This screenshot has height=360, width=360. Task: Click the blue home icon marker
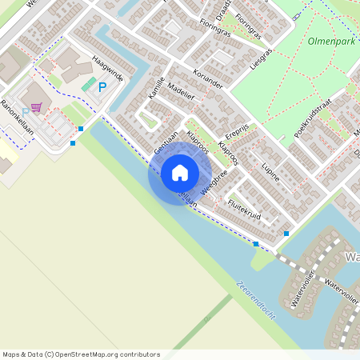click(180, 173)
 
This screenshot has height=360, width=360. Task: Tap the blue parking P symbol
click(102, 87)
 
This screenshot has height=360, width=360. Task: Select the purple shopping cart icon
click(37, 106)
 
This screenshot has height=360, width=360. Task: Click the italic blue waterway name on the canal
click(256, 298)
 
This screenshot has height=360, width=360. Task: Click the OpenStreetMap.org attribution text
click(108, 354)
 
